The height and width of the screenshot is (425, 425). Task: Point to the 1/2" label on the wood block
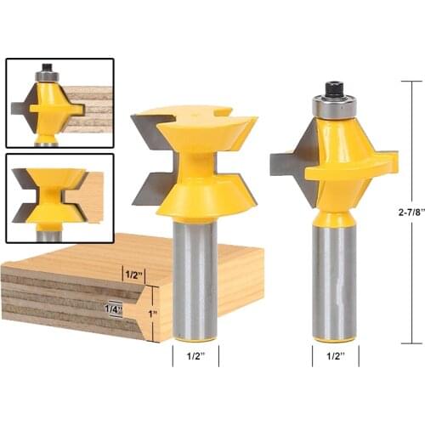click(x=133, y=275)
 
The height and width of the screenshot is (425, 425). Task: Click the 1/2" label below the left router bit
click(x=195, y=357)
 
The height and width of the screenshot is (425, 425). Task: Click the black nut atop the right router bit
click(x=333, y=88)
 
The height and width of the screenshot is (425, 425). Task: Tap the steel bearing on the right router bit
click(x=333, y=106)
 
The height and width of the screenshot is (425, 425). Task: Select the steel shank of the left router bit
click(x=195, y=280)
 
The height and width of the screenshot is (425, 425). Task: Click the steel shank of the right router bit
click(x=334, y=280)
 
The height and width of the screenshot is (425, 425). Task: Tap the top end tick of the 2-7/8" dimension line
click(x=411, y=81)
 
